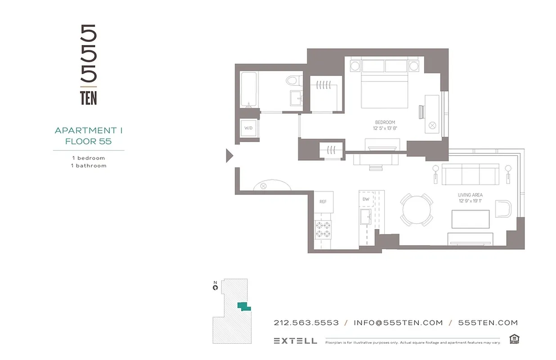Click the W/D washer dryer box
pos(248,128)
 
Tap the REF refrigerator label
pos(323,202)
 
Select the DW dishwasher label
pos(365,199)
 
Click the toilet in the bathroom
pos(293,81)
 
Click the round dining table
pos(417,209)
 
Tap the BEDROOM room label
pos(385,122)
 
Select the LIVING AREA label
pos(470,195)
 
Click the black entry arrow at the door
pos(229,156)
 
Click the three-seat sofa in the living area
pos(471,174)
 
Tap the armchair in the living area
pos(503,209)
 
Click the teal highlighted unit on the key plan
pos(243,306)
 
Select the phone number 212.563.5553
pos(306,323)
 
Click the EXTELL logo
pos(295,341)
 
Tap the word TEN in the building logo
pos(89,98)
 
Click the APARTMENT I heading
pos(89,130)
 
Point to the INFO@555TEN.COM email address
pos(398,323)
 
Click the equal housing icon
pos(514,339)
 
